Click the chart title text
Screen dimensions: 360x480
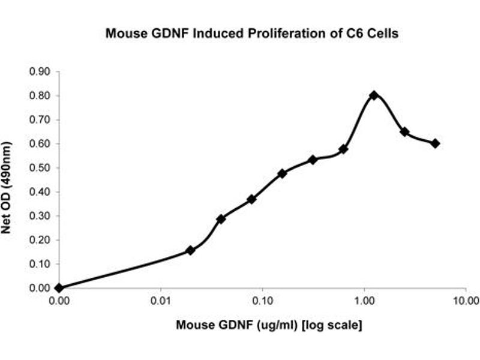pyautogui.click(x=252, y=34)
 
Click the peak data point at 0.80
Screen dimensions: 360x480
pyautogui.click(x=374, y=95)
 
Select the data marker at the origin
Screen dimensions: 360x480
pyautogui.click(x=59, y=288)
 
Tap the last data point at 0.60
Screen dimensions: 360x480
pyautogui.click(x=435, y=143)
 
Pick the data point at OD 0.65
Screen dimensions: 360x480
pyautogui.click(x=404, y=131)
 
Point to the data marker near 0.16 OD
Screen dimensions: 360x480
pyautogui.click(x=190, y=250)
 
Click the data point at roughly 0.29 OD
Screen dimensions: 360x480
pyautogui.click(x=221, y=219)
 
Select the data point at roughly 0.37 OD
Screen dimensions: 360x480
pyautogui.click(x=251, y=199)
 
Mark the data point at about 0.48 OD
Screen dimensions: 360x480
pyautogui.click(x=282, y=173)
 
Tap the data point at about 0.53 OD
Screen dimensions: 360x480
pyautogui.click(x=313, y=160)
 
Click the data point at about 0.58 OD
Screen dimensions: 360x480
pyautogui.click(x=343, y=149)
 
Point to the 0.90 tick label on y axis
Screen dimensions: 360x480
pyautogui.click(x=40, y=72)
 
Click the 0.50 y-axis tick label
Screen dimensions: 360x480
pyautogui.click(x=40, y=168)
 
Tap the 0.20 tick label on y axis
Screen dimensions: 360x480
pyautogui.click(x=40, y=240)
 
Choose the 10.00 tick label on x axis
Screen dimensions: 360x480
pyautogui.click(x=465, y=300)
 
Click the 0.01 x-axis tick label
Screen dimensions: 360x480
pyautogui.click(x=161, y=300)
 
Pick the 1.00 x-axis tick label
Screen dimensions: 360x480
pyautogui.click(x=364, y=300)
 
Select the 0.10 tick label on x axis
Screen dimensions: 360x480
pyautogui.click(x=263, y=300)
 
